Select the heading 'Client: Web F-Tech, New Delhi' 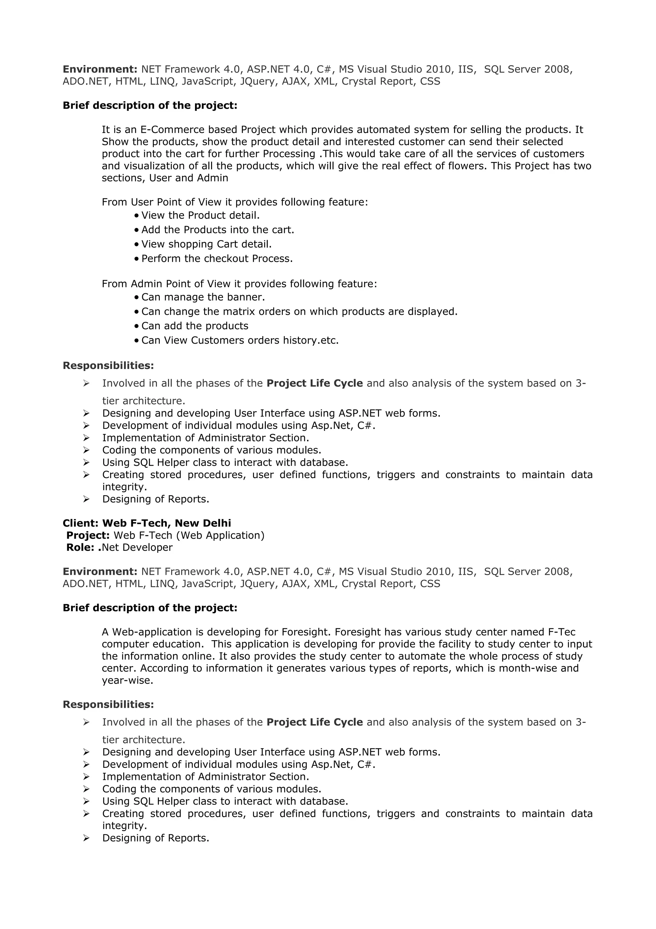coord(147,523)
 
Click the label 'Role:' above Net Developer coord(80,548)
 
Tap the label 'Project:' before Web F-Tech coord(88,535)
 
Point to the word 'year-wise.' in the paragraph coord(127,680)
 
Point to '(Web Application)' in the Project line coord(220,535)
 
